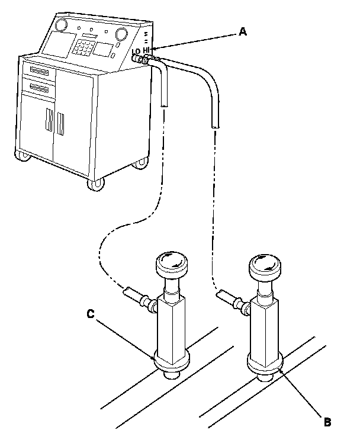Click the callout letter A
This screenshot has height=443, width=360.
[x=242, y=33]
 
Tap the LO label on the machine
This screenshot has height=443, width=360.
[x=136, y=52]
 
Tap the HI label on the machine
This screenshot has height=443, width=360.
[x=147, y=50]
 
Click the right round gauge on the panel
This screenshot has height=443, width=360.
[x=121, y=33]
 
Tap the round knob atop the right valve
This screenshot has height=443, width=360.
[x=264, y=267]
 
